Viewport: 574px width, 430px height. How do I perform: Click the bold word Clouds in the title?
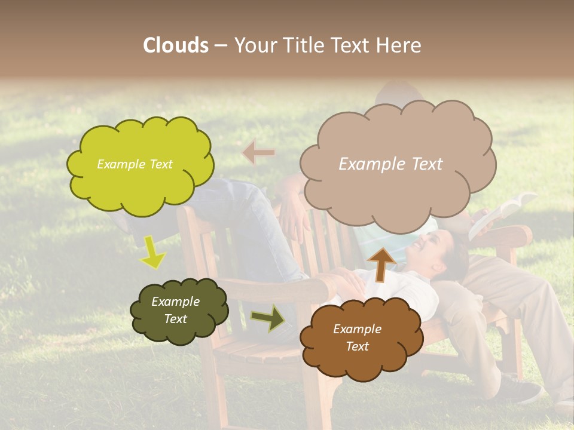(176, 45)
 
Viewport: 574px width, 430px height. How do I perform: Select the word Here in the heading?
(401, 45)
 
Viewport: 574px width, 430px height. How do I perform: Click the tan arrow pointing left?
(259, 153)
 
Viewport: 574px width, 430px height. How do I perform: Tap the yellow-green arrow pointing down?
(152, 252)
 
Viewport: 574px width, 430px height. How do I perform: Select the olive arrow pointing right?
(268, 318)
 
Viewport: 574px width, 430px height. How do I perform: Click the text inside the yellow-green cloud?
(135, 164)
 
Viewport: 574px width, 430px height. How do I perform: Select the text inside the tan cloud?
(390, 164)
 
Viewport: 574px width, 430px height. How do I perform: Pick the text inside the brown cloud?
(357, 337)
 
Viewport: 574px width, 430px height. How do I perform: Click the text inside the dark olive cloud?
(175, 311)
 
